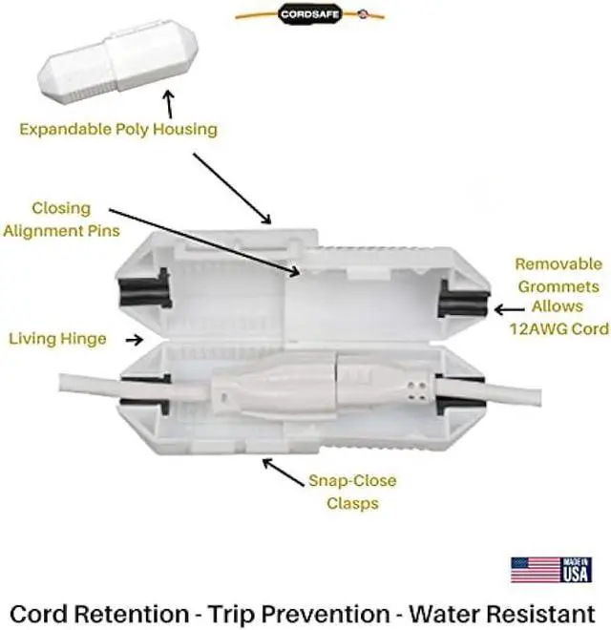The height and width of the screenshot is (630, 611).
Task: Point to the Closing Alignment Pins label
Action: [62, 218]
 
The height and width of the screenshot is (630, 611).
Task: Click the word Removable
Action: [558, 263]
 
